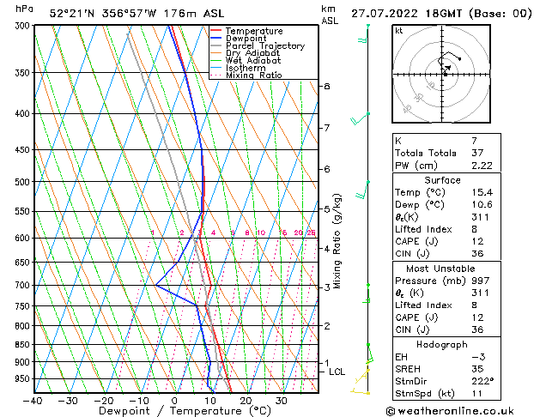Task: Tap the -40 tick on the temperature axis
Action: (x=33, y=401)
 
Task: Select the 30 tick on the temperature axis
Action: (x=281, y=401)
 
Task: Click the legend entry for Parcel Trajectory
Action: (x=264, y=46)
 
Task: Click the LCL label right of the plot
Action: (x=337, y=372)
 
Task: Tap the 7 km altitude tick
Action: (x=326, y=128)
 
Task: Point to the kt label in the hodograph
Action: (x=399, y=31)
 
